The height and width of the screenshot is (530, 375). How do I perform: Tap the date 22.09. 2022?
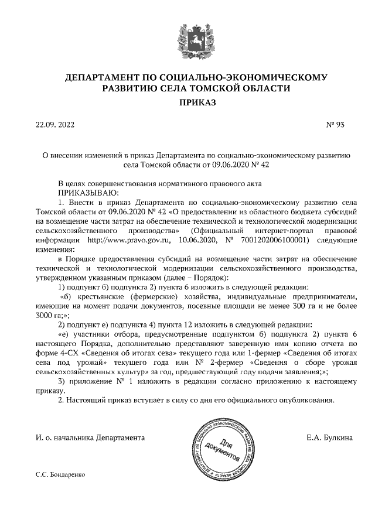tap(55, 125)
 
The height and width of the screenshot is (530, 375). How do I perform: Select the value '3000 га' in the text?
tap(48, 314)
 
